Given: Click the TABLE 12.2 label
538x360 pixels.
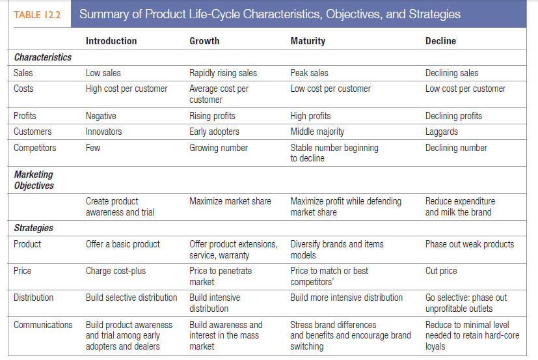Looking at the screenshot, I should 36,14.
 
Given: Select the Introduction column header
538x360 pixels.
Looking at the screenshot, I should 111,41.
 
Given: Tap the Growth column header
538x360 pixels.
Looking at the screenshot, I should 204,41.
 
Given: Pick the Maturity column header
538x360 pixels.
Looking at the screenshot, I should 308,41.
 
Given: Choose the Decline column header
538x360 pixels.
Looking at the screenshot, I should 440,41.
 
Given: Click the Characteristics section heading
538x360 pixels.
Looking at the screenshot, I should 43,57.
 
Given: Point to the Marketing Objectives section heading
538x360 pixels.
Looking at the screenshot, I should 34,180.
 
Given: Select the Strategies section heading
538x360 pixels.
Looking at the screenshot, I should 34,228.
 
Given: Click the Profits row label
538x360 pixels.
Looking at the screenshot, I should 25,116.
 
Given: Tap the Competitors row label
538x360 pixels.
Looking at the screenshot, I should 35,148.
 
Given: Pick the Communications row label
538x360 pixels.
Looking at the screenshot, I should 43,324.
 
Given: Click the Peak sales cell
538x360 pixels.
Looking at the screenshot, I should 309,73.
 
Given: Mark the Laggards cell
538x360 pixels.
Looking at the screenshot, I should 442,132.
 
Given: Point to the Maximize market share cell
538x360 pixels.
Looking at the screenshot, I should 230,201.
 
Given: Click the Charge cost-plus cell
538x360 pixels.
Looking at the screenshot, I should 116,271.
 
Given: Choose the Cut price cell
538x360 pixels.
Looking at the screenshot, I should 441,271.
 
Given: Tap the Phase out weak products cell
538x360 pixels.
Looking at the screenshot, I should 470,244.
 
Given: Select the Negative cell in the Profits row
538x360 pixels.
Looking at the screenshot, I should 101,116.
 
